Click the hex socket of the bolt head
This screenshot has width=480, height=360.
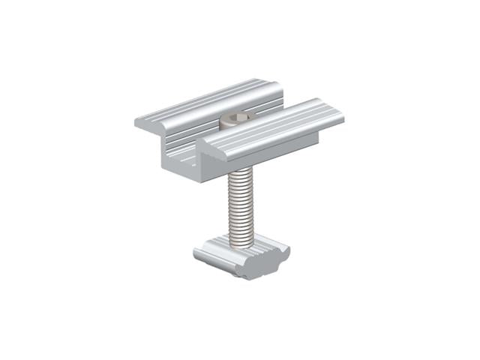tap(238, 118)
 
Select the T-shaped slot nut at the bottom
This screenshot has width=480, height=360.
tap(241, 256)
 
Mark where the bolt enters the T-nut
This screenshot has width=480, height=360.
tap(241, 242)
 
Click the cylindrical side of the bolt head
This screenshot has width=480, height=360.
tap(229, 123)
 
